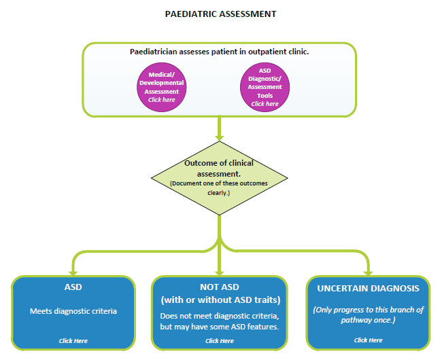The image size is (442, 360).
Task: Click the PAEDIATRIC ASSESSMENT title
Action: click(220, 14)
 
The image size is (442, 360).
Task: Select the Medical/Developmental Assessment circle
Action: click(162, 87)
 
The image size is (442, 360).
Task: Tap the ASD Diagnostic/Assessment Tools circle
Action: click(265, 87)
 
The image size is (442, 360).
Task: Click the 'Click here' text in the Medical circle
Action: click(162, 100)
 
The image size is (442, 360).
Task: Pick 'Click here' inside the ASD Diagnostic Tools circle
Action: click(265, 104)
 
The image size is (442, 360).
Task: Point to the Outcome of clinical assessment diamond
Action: click(220, 178)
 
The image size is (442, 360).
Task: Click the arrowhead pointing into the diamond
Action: click(220, 138)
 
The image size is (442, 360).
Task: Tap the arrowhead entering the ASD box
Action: click(73, 273)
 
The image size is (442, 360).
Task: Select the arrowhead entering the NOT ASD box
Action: click(220, 273)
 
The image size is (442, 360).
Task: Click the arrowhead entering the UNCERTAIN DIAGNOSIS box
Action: click(368, 273)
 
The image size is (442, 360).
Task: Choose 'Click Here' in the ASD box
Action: click(73, 341)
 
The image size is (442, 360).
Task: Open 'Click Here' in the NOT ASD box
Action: click(220, 341)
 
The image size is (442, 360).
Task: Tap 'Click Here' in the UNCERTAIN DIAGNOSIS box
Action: click(368, 340)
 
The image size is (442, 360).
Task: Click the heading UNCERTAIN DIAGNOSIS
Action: click(368, 289)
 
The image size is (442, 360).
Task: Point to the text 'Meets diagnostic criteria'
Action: click(73, 311)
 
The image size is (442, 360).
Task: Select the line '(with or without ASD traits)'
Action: click(220, 300)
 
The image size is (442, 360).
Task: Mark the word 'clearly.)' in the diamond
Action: click(219, 193)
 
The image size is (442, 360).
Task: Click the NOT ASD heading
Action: click(220, 287)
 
